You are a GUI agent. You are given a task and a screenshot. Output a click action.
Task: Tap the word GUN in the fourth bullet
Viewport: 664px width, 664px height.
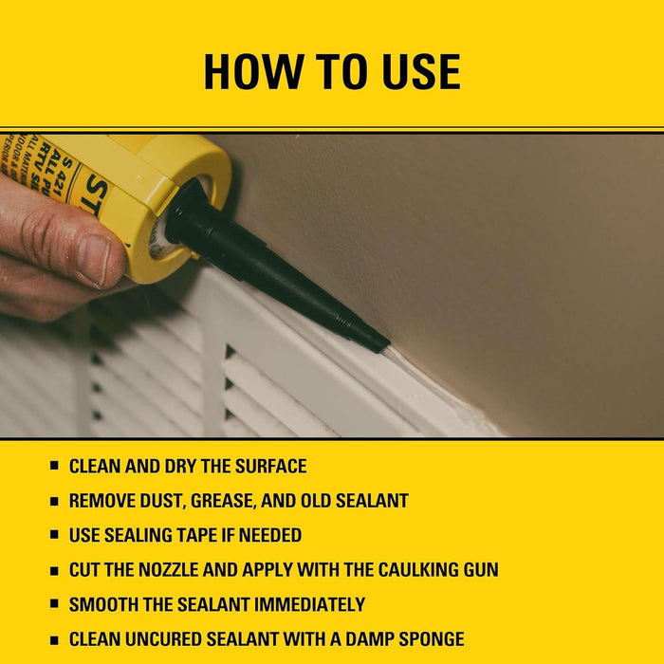(x=476, y=570)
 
